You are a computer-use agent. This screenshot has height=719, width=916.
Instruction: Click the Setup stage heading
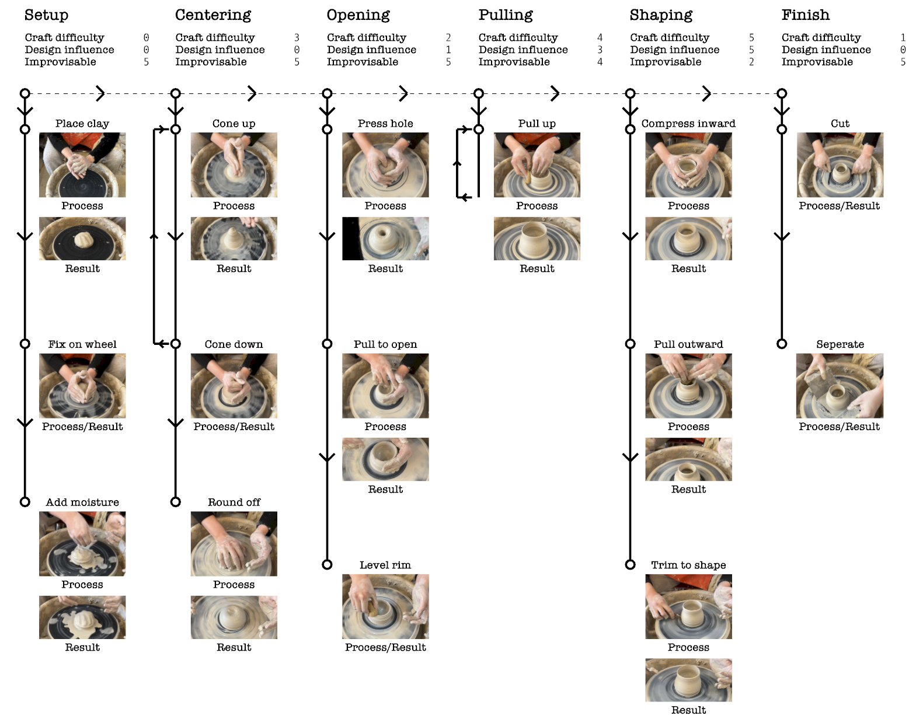[46, 15]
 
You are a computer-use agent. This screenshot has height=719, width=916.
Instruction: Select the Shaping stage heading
[661, 15]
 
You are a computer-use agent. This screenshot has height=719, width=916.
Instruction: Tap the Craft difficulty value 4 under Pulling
[600, 37]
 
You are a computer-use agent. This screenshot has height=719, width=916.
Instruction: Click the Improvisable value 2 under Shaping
[751, 62]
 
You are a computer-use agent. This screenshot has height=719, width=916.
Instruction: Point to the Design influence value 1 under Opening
[448, 50]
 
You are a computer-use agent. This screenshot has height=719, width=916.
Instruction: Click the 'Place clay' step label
[82, 123]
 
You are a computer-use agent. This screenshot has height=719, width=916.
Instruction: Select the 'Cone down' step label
[234, 344]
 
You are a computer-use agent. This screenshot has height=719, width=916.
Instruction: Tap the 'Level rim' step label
[385, 565]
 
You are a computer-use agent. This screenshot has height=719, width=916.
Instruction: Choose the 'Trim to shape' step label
[688, 565]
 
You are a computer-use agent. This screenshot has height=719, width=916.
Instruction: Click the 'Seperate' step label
[840, 344]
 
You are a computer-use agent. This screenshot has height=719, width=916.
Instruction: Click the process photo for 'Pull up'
[537, 165]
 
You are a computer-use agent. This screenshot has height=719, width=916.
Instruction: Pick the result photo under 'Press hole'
[385, 239]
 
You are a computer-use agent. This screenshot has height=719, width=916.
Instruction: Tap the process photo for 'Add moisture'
[82, 543]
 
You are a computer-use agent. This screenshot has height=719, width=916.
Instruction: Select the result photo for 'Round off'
[234, 617]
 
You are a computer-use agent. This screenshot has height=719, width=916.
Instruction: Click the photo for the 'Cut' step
[840, 165]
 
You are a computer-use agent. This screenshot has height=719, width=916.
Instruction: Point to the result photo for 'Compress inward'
[688, 239]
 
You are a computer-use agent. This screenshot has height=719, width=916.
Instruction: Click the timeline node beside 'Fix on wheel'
[25, 344]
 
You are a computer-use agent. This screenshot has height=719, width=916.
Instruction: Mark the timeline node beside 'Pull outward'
[630, 344]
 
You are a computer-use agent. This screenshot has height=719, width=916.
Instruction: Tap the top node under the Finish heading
[782, 93]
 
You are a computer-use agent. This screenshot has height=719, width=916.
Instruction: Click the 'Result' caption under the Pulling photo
[537, 268]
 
